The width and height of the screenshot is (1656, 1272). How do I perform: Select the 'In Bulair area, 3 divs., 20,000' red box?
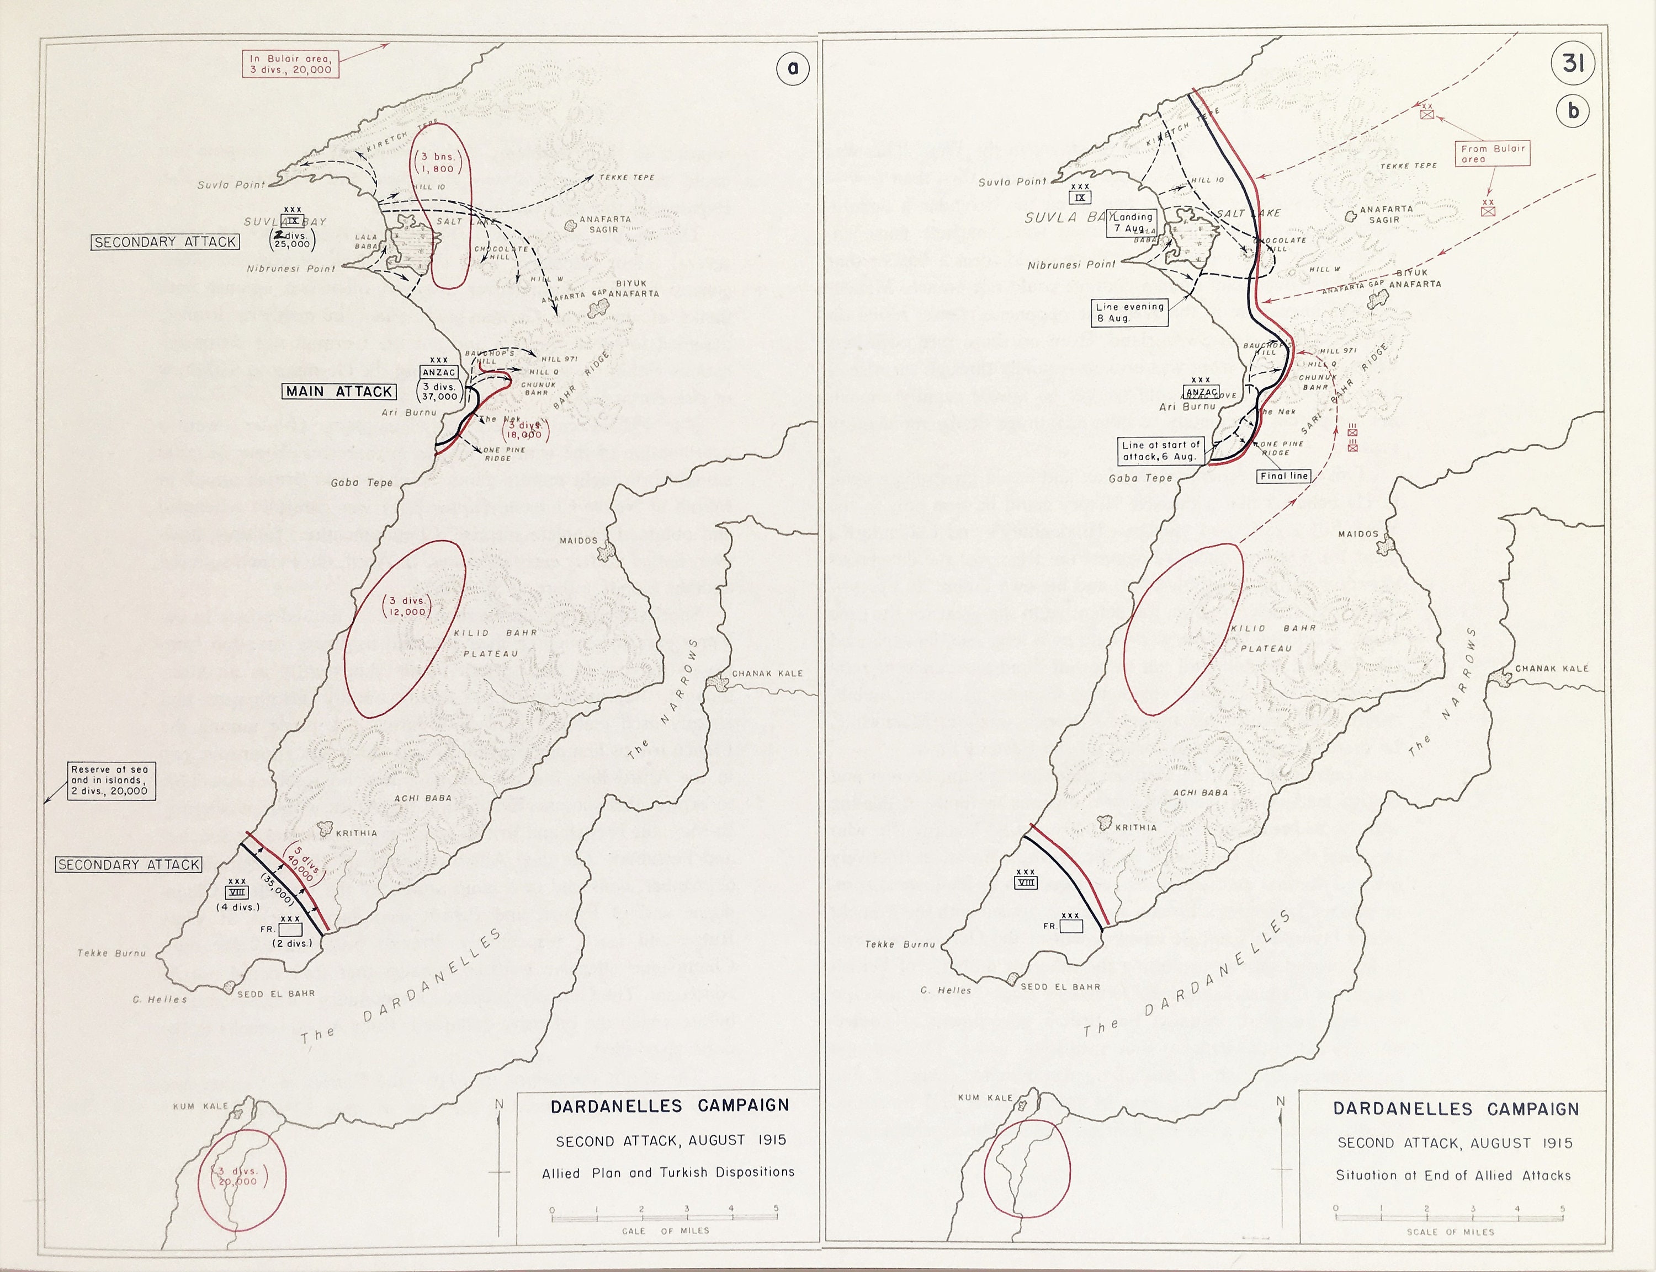291,63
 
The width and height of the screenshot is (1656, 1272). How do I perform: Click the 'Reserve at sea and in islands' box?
109,781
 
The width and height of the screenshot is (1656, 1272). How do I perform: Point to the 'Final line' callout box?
1283,476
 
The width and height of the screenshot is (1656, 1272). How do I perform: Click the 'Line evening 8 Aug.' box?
1129,313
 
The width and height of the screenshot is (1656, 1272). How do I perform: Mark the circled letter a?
792,68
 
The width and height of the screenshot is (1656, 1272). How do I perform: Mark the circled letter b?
1573,111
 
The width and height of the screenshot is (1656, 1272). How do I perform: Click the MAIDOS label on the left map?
578,541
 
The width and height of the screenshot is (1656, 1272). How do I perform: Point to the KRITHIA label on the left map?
356,833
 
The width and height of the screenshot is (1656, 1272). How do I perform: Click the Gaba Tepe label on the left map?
362,482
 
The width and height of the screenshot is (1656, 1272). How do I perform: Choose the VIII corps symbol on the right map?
1026,881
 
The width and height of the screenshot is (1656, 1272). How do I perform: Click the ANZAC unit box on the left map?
439,372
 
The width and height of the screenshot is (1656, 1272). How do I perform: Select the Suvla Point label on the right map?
1012,181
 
